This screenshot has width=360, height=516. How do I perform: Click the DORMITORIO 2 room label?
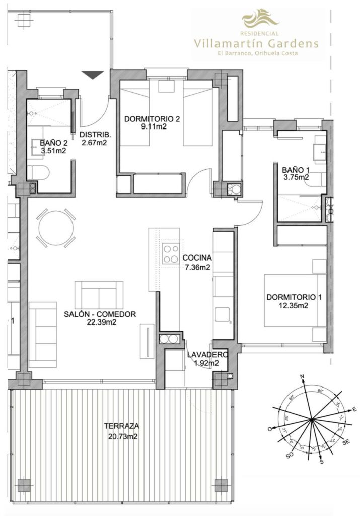tap(152, 119)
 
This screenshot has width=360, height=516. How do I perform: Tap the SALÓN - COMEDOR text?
tap(100, 314)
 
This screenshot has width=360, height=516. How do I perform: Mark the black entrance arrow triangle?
tap(93, 75)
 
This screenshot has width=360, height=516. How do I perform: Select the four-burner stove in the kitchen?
tap(170, 253)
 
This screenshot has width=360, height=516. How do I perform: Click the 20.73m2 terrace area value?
tap(122, 437)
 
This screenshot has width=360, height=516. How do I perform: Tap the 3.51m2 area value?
tap(53, 150)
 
